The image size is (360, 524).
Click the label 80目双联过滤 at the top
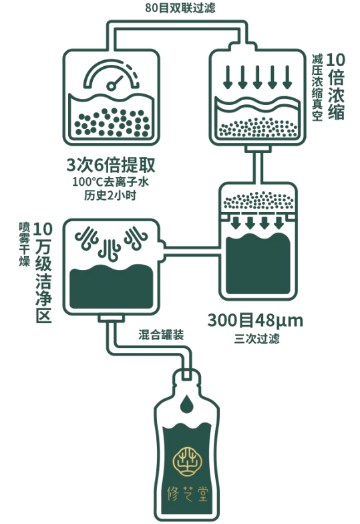coord(180,8)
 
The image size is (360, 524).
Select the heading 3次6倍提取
coord(111,165)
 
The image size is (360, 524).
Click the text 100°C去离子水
coord(111,182)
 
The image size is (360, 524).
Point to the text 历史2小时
coord(110,195)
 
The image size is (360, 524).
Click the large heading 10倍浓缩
coord(336,86)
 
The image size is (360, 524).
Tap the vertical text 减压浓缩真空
coord(317,87)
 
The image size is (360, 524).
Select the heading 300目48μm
coord(255,321)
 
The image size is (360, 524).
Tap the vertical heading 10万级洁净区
coord(43,272)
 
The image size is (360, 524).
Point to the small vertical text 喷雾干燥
coord(24,245)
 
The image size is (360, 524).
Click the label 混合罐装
coord(161,334)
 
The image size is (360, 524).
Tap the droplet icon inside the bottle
coord(187,404)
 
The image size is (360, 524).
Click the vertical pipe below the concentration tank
coord(258,168)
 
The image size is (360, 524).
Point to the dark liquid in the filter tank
coord(258,264)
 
